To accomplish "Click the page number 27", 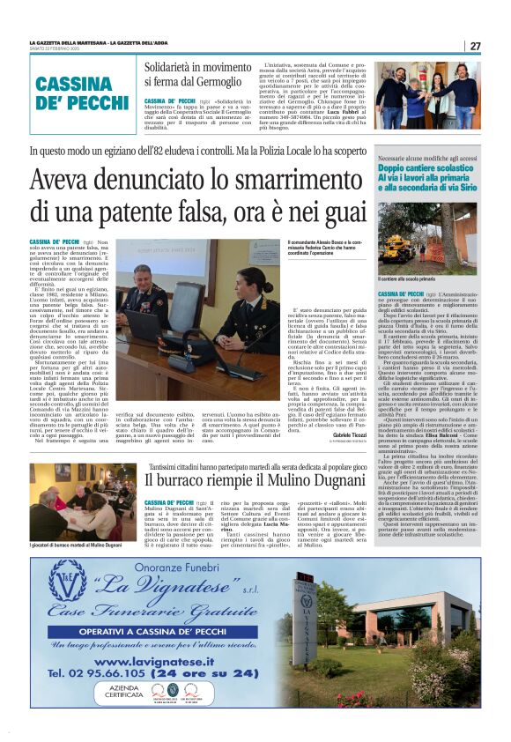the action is (475, 46).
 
